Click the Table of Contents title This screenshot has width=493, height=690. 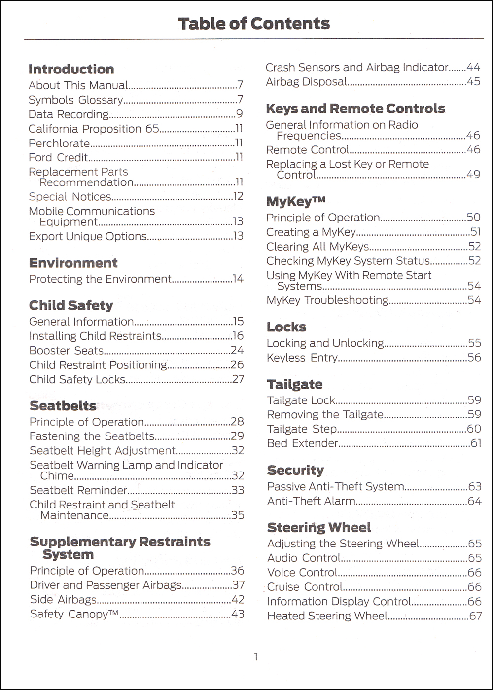click(x=253, y=24)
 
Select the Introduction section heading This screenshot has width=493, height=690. click(x=71, y=69)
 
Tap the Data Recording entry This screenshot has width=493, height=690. click(x=69, y=114)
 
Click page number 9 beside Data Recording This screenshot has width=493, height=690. click(x=240, y=114)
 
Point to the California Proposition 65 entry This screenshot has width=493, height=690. click(x=94, y=129)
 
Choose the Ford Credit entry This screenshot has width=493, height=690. click(x=58, y=158)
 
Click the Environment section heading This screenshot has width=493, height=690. click(x=73, y=263)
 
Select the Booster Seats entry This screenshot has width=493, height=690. click(x=67, y=351)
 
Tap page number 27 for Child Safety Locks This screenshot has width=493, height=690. click(x=238, y=380)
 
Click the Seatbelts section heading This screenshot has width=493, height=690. click(x=63, y=406)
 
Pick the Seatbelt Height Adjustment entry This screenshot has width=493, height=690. click(x=102, y=451)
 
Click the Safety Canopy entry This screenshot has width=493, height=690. click(x=74, y=614)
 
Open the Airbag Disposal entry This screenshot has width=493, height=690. click(x=306, y=82)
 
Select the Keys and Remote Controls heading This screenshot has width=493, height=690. click(x=355, y=109)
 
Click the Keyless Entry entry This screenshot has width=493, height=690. click(x=302, y=358)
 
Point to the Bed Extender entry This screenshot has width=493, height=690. click(x=302, y=443)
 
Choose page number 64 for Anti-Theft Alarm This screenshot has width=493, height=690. click(x=474, y=502)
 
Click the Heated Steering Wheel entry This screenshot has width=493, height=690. click(x=327, y=616)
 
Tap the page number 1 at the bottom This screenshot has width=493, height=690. click(x=255, y=656)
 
